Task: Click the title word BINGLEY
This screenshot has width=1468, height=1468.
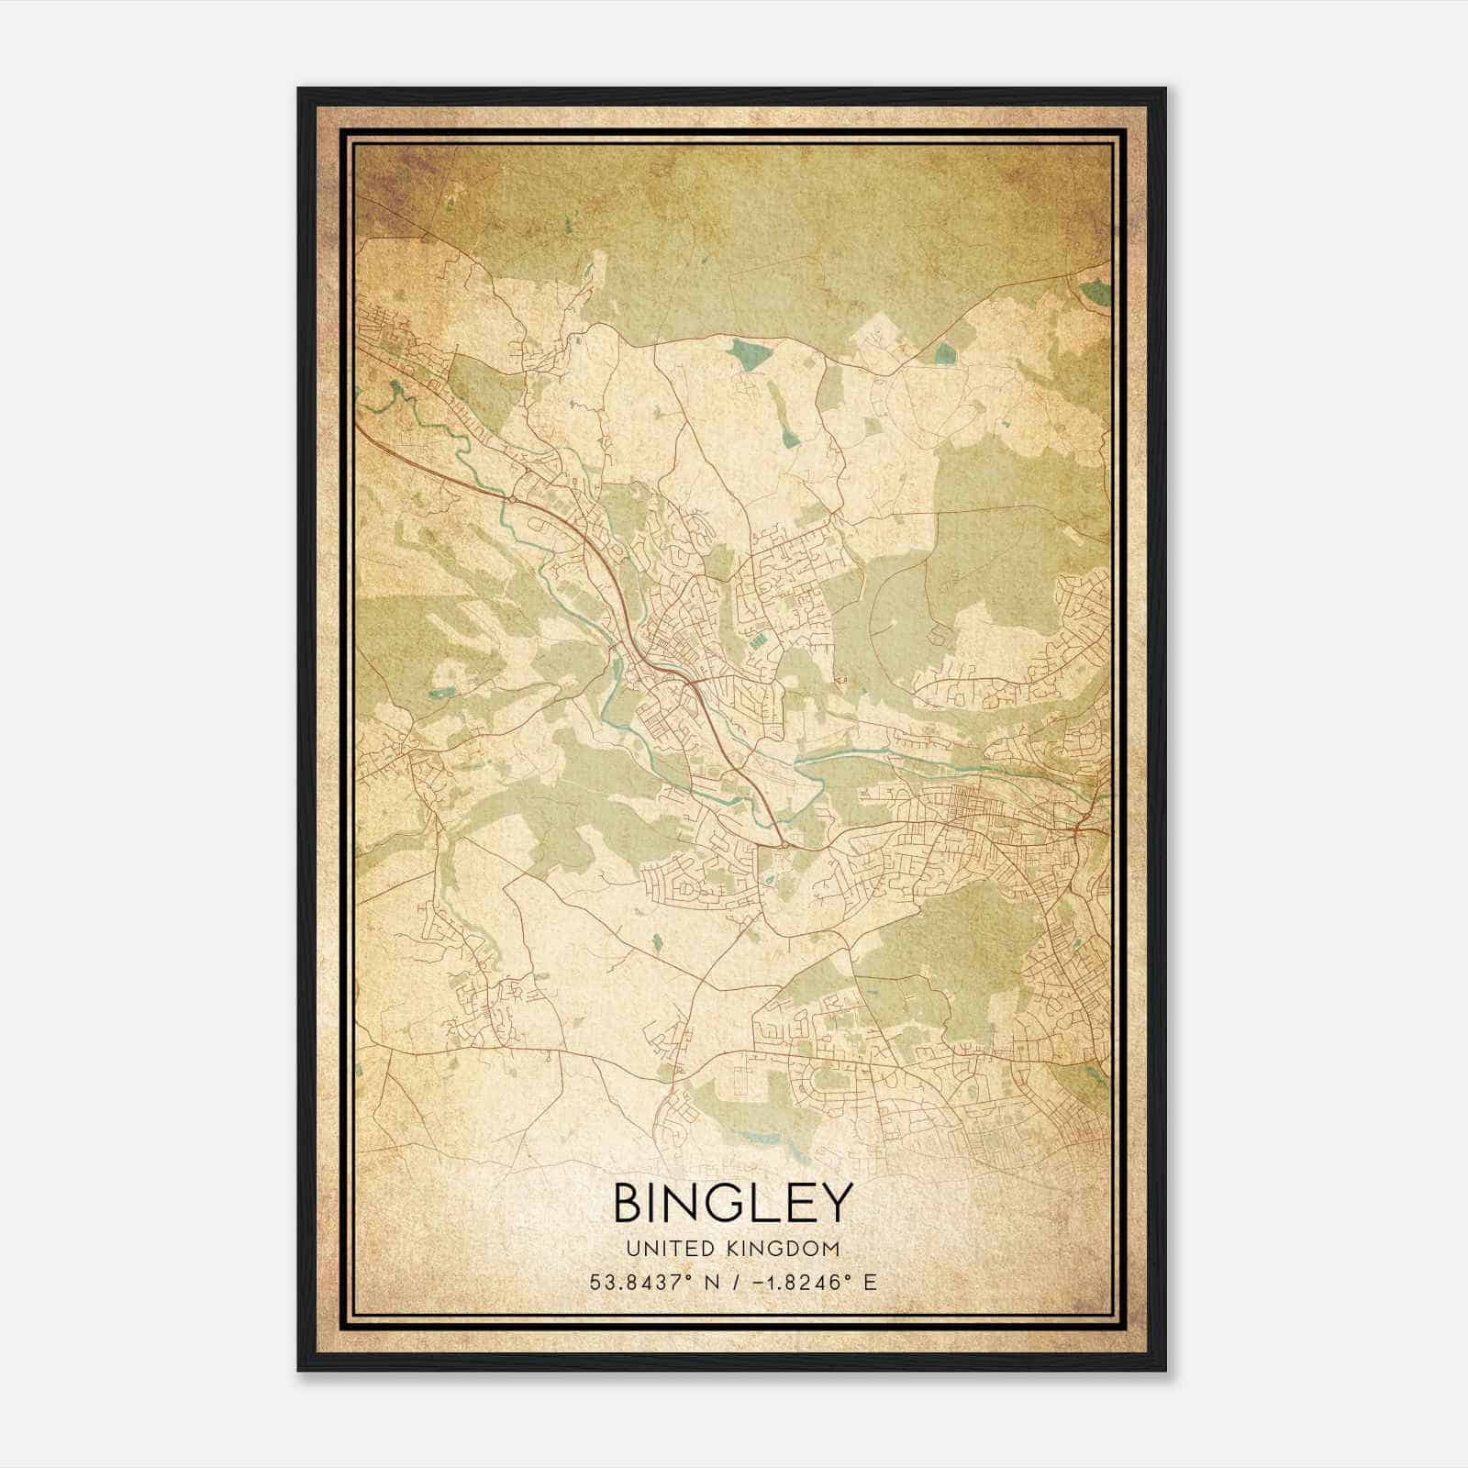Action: click(732, 1202)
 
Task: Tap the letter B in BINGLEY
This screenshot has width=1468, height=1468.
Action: click(629, 1202)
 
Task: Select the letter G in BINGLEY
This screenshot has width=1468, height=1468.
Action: click(725, 1202)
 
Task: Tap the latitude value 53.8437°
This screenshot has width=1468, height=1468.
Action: click(639, 1282)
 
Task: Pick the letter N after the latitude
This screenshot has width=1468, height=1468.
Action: click(706, 1282)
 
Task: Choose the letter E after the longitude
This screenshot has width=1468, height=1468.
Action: click(870, 1282)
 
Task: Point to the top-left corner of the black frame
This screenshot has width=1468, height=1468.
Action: click(299, 89)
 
